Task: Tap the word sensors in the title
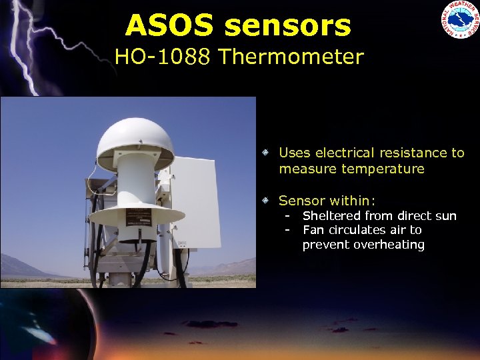tap(287, 26)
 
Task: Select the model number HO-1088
tap(163, 57)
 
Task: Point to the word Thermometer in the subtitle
tap(291, 57)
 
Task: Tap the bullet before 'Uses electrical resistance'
tap(265, 153)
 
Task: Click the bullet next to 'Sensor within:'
tap(265, 200)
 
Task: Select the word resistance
tap(405, 153)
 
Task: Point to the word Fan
tap(313, 230)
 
